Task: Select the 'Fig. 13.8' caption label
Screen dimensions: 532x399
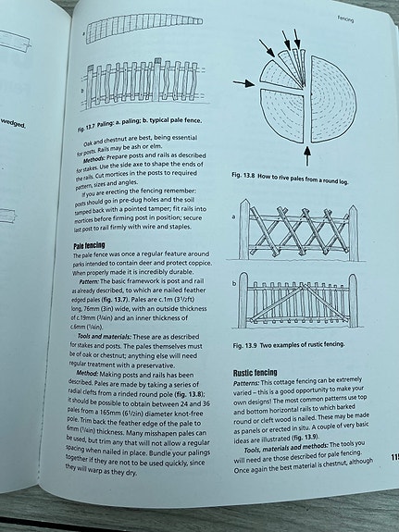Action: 248,176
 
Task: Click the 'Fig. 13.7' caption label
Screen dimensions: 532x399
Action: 97,122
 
